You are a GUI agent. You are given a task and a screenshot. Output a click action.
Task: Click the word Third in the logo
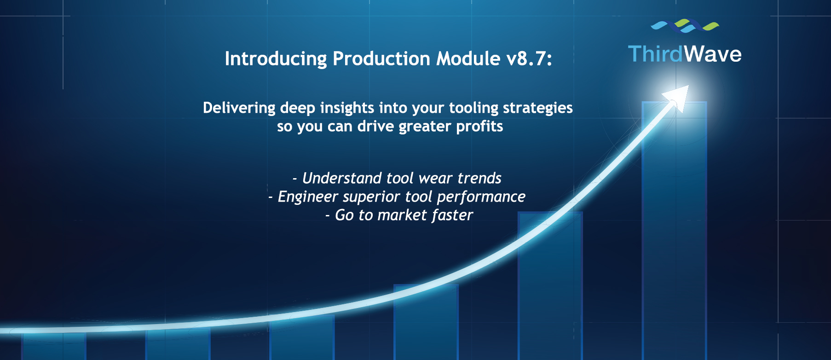(655, 54)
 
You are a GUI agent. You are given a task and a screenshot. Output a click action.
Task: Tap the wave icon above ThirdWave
(685, 26)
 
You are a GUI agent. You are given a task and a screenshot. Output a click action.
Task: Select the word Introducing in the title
(276, 59)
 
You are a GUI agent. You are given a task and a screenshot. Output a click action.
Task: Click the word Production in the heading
(381, 59)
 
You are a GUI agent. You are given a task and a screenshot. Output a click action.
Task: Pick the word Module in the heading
(468, 59)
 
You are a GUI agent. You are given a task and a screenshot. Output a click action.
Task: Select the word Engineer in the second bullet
(308, 197)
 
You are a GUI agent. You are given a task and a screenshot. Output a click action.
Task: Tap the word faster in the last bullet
(452, 215)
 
